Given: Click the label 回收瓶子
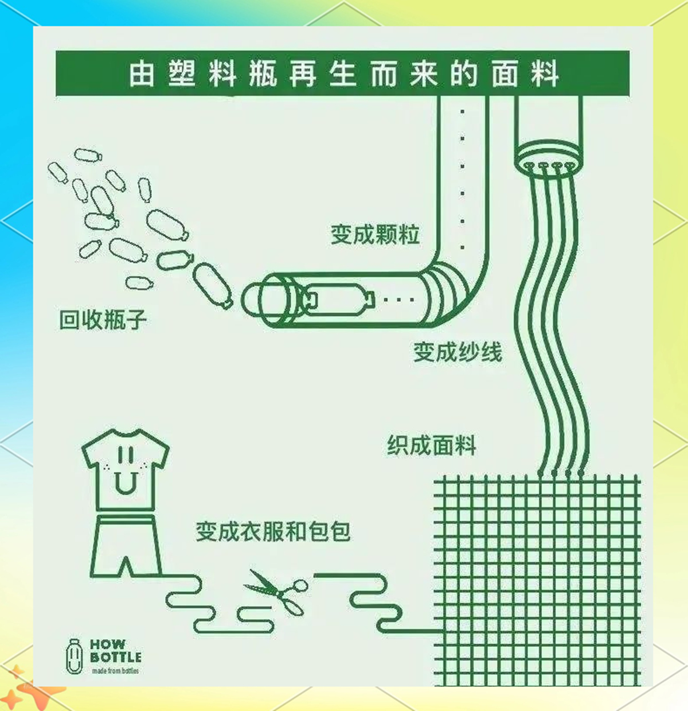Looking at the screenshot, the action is coord(103,320).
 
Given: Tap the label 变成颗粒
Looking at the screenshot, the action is coord(375,234).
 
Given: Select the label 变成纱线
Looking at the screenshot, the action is coord(458,352).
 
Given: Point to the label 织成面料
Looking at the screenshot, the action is coord(431,445).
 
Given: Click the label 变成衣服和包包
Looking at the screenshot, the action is coord(273,531).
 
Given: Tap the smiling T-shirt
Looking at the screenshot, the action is coord(125,470).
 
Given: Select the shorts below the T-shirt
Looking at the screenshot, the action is coord(126,546).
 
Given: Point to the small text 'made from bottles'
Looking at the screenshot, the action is coord(115,671).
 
